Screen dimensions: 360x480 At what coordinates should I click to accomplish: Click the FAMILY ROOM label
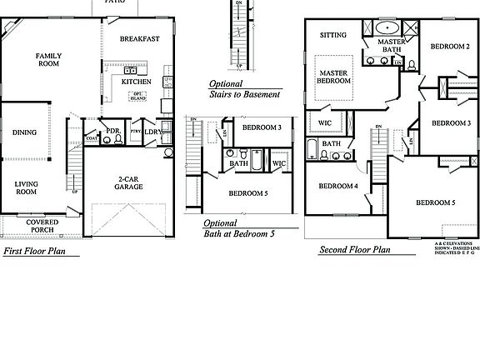tap(48, 59)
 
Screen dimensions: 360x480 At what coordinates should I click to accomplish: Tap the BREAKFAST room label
tap(139, 39)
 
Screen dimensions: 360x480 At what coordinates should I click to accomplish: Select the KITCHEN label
tap(137, 82)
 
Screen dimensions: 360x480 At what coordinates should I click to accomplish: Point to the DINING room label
tap(24, 132)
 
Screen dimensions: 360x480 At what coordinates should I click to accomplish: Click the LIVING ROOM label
tap(27, 187)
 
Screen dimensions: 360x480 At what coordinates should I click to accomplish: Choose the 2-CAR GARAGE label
tap(128, 182)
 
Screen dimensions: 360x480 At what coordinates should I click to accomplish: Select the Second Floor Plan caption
tap(355, 249)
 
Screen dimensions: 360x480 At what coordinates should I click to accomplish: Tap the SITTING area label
tap(333, 36)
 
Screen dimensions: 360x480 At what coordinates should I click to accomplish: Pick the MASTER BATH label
tap(391, 46)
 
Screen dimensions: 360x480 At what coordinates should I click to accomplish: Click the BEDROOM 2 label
tap(451, 47)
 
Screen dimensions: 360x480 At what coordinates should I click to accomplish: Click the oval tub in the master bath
tap(391, 27)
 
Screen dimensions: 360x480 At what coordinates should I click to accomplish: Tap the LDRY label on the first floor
tap(152, 132)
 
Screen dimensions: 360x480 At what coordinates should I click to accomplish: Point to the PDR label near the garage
tap(113, 131)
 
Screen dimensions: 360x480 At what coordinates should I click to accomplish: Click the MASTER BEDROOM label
tap(333, 77)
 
